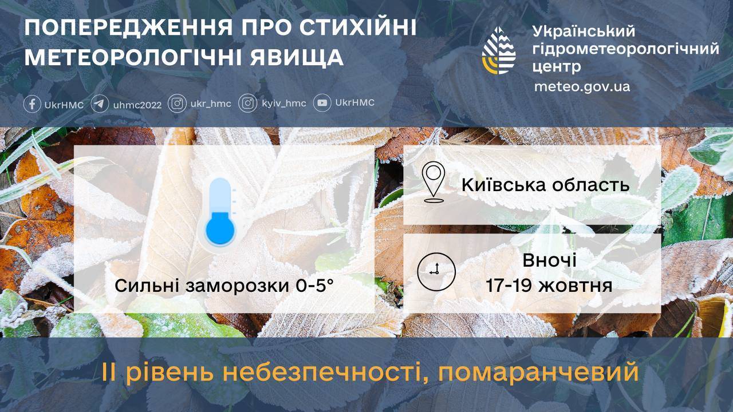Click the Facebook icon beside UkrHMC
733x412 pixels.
[x=32, y=104]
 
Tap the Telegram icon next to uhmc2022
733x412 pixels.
[x=100, y=104]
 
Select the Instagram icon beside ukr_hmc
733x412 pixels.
[x=177, y=104]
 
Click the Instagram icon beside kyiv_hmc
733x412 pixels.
[x=248, y=104]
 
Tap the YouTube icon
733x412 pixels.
[x=322, y=103]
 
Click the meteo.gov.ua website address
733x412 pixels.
[x=582, y=86]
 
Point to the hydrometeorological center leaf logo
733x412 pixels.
[x=499, y=50]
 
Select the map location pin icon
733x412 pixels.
[x=434, y=182]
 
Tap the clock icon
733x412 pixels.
[x=436, y=272]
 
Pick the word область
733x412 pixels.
[x=591, y=185]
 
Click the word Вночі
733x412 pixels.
[x=549, y=260]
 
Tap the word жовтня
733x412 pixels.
[x=576, y=286]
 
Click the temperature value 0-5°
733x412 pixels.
[x=314, y=286]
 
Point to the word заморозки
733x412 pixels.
[x=237, y=287]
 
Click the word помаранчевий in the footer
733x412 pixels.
[x=538, y=373]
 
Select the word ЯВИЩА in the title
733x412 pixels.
[x=297, y=58]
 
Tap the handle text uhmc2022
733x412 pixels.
[x=137, y=105]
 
